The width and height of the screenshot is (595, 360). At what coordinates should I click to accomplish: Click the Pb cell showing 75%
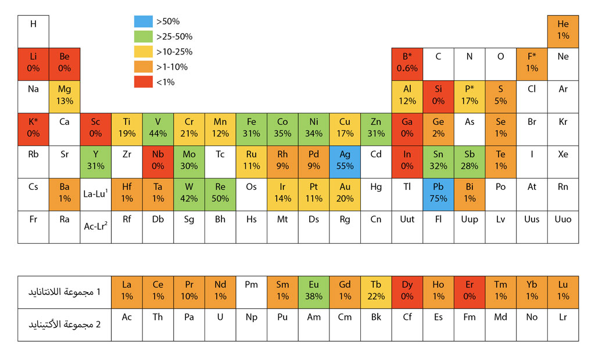pyautogui.click(x=438, y=193)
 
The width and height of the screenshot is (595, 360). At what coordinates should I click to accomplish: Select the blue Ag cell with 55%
pyautogui.click(x=345, y=161)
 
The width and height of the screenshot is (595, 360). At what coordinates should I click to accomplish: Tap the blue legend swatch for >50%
pyautogui.click(x=143, y=21)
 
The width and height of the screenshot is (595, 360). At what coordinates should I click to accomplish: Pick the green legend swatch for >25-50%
pyautogui.click(x=143, y=37)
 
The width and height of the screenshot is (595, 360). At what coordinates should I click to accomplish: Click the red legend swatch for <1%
pyautogui.click(x=143, y=82)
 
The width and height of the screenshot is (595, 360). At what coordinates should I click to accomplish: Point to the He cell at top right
pyautogui.click(x=563, y=30)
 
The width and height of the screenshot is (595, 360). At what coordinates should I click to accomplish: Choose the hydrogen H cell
pyautogui.click(x=33, y=30)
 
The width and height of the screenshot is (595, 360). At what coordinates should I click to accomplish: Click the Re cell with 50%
pyautogui.click(x=220, y=193)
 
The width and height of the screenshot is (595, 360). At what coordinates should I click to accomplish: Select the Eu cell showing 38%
pyautogui.click(x=314, y=291)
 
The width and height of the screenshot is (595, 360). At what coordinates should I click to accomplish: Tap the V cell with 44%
pyautogui.click(x=158, y=128)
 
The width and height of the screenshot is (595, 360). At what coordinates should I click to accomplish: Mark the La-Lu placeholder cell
pyautogui.click(x=96, y=193)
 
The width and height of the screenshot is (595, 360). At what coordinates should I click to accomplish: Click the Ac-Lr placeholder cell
pyautogui.click(x=96, y=226)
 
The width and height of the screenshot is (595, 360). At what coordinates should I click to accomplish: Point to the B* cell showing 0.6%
pyautogui.click(x=407, y=63)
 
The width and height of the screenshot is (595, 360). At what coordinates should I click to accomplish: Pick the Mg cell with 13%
pyautogui.click(x=64, y=96)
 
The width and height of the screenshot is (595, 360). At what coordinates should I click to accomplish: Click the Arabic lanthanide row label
pyautogui.click(x=64, y=291)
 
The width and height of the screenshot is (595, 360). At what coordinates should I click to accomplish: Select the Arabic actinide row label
pyautogui.click(x=64, y=324)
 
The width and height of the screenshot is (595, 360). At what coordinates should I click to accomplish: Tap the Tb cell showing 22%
pyautogui.click(x=376, y=291)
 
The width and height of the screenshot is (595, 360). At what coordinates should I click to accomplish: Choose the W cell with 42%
pyautogui.click(x=189, y=193)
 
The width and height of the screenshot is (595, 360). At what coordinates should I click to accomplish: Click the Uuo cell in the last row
pyautogui.click(x=563, y=226)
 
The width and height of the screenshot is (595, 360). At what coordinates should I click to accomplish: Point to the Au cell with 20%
pyautogui.click(x=345, y=193)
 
